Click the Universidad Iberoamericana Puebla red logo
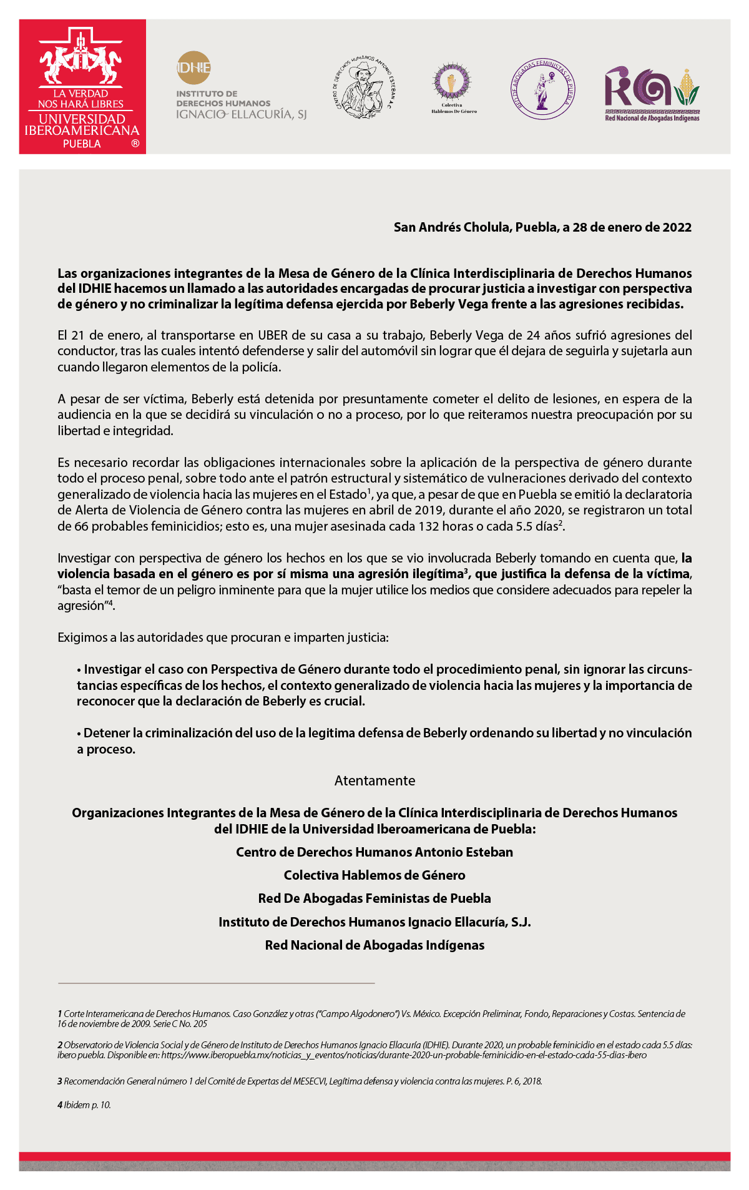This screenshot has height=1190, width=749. pos(82,86)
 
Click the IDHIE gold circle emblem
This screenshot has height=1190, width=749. pos(193,67)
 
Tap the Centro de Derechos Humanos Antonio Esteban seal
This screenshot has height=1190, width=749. pos(364,87)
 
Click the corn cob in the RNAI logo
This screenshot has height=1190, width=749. pos(687,86)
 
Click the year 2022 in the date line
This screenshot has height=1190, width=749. pos(677,227)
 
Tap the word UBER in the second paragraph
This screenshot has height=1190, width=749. pos(273,335)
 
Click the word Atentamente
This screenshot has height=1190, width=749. pos(374,780)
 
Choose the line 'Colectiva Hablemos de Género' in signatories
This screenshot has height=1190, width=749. pos(374,875)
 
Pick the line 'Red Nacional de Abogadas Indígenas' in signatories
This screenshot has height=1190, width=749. pos(374,945)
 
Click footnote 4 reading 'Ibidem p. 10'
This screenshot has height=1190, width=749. pos(86,1104)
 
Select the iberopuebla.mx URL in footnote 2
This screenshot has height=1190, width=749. pos(403,1055)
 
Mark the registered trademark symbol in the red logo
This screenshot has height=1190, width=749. pos(135,144)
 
